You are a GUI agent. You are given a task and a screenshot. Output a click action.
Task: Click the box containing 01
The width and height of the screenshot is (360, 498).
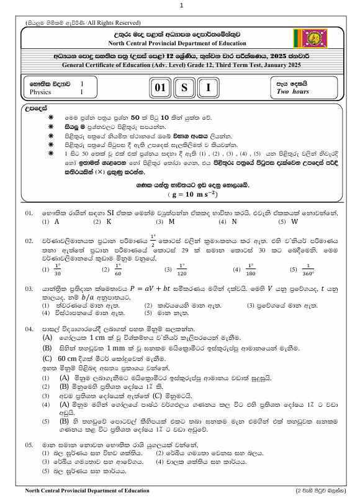[x=159, y=87]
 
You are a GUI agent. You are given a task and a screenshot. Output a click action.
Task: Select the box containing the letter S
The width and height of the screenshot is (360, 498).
[x=184, y=87]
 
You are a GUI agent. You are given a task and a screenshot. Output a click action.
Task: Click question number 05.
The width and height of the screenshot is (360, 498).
[x=29, y=445]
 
